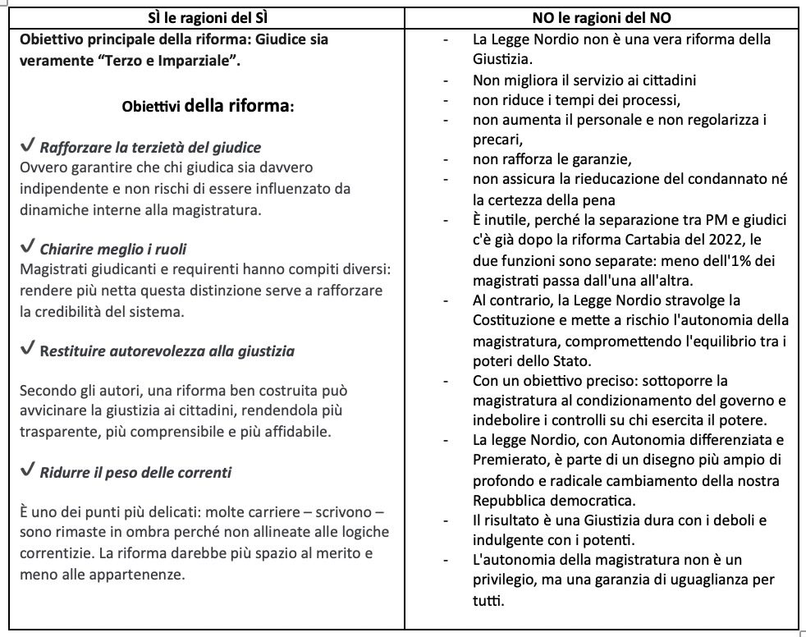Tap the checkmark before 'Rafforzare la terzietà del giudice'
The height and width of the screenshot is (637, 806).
coord(26,146)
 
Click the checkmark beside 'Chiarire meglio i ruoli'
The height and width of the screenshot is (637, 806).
coord(26,248)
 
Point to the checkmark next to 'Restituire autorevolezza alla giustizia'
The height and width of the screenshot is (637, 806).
coord(26,350)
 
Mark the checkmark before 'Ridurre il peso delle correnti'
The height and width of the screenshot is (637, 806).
coord(26,471)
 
